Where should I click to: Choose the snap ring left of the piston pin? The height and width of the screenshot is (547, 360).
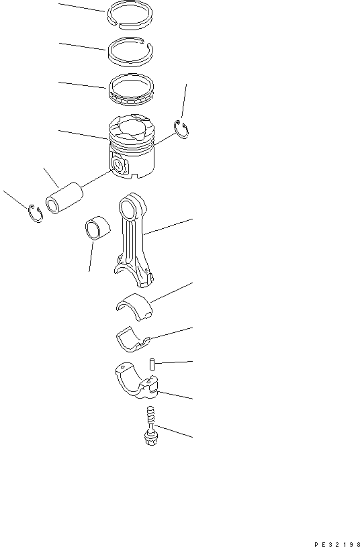pos(36,213)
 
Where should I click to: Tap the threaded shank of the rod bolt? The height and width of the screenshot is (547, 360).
pos(150,419)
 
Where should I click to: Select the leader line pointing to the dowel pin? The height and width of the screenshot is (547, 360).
pos(174,362)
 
